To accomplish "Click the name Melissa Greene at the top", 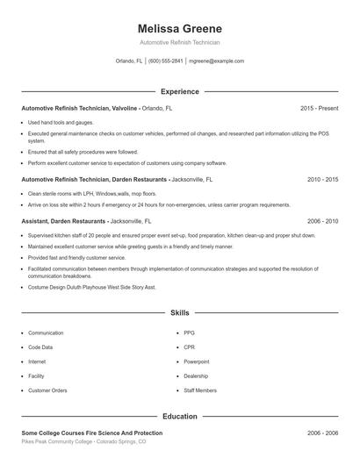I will pyautogui.click(x=179, y=28).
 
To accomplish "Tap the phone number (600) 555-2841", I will pyautogui.click(x=166, y=61).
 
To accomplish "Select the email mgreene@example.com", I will pyautogui.click(x=217, y=61).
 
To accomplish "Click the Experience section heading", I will pyautogui.click(x=179, y=91).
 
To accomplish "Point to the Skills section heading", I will pyautogui.click(x=179, y=311).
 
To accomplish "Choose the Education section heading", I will pyautogui.click(x=179, y=418).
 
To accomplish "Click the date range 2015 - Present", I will pyautogui.click(x=319, y=108).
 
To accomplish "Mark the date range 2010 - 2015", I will pyautogui.click(x=322, y=179).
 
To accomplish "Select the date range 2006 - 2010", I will pyautogui.click(x=322, y=222).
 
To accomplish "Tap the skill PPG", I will pyautogui.click(x=189, y=333).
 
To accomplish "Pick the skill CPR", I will pyautogui.click(x=189, y=347).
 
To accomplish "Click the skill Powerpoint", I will pyautogui.click(x=196, y=361).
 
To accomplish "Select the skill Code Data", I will pyautogui.click(x=41, y=347).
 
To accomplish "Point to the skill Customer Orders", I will pyautogui.click(x=47, y=390).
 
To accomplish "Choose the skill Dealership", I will pyautogui.click(x=196, y=376).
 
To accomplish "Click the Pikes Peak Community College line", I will pyautogui.click(x=84, y=443).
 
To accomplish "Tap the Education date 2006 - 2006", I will pyautogui.click(x=322, y=433).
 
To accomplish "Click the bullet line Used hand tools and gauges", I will pyautogui.click(x=60, y=122).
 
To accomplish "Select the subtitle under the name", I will pyautogui.click(x=179, y=42).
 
